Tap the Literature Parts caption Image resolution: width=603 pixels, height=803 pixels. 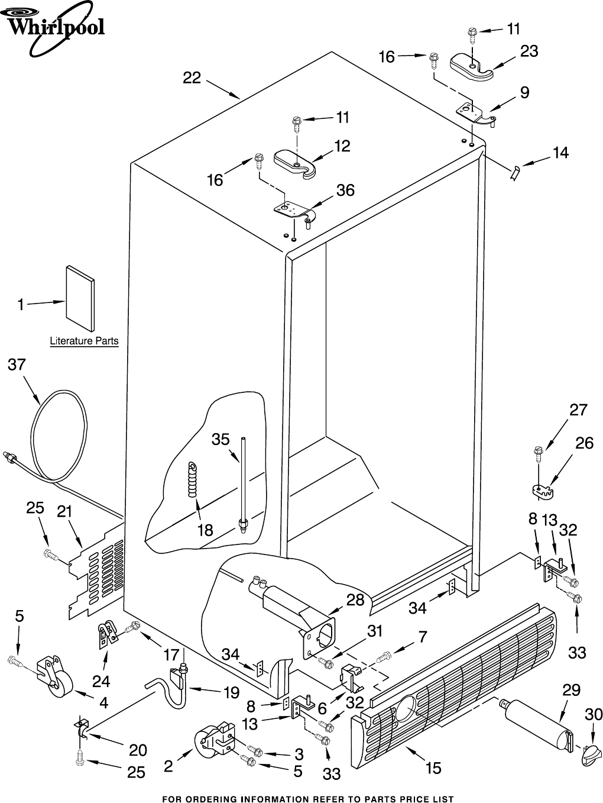click(84, 341)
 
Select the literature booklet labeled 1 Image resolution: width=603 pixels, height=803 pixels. click(80, 298)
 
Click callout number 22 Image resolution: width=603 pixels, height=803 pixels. click(192, 78)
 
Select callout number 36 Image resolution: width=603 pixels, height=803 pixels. click(345, 190)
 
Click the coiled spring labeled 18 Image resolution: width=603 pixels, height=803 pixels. click(193, 480)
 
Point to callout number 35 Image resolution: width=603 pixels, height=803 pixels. click(221, 439)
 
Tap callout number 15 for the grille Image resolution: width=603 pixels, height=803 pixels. click(433, 768)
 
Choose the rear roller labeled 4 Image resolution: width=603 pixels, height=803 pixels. click(55, 678)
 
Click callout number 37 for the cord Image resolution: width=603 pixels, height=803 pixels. click(17, 365)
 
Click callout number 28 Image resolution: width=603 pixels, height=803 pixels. click(355, 601)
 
